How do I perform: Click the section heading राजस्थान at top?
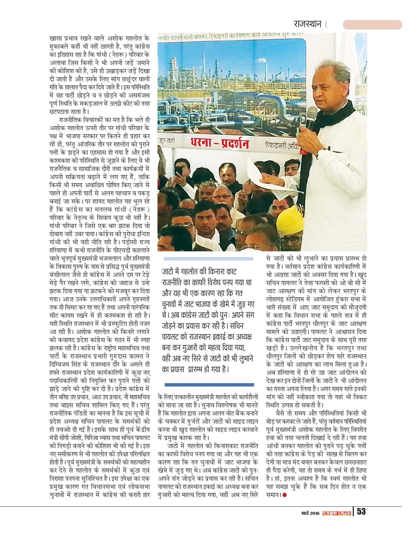point(308,24)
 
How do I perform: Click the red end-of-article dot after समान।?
point(284,495)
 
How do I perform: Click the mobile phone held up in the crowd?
point(179,171)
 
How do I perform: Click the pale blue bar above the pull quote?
point(208,259)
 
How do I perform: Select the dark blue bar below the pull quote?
point(209,385)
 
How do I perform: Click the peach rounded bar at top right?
point(372,24)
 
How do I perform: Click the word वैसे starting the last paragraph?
point(283,413)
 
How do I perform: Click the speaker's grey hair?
point(331,68)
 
